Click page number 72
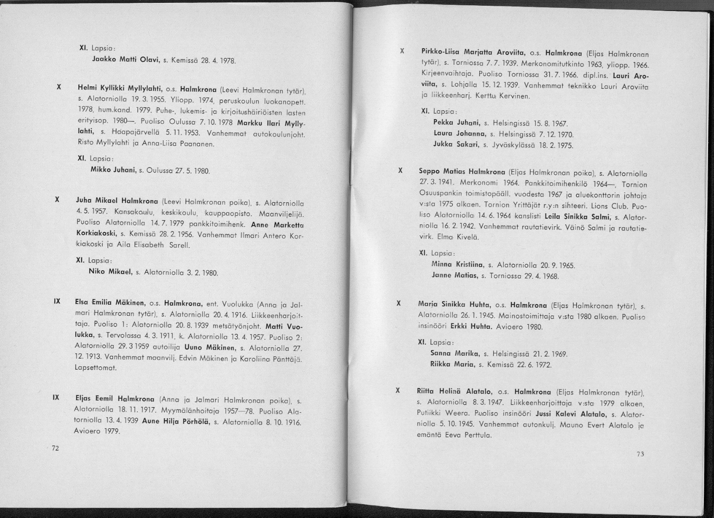[55, 448]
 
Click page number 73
[640, 455]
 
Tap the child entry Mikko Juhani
[113, 169]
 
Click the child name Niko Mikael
[110, 272]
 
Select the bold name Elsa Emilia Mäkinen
[110, 303]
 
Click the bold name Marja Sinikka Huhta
[454, 304]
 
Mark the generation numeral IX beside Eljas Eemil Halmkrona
[56, 398]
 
